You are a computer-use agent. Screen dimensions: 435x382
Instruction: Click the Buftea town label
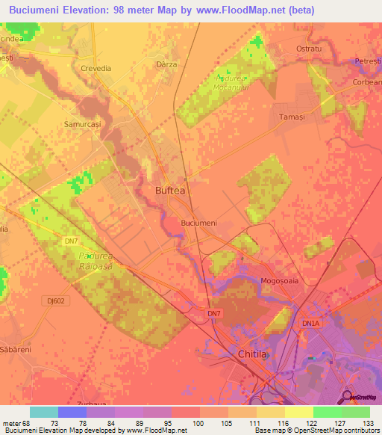[x=169, y=191]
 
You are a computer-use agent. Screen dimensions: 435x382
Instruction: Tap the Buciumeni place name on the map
[x=199, y=223]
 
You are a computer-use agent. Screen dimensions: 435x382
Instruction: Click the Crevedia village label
[x=95, y=68]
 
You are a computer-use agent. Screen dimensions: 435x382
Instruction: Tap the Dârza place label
[x=167, y=65]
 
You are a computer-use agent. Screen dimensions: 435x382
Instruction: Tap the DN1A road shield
[x=310, y=323]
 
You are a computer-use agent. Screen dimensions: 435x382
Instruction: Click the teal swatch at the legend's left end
[x=44, y=412]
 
